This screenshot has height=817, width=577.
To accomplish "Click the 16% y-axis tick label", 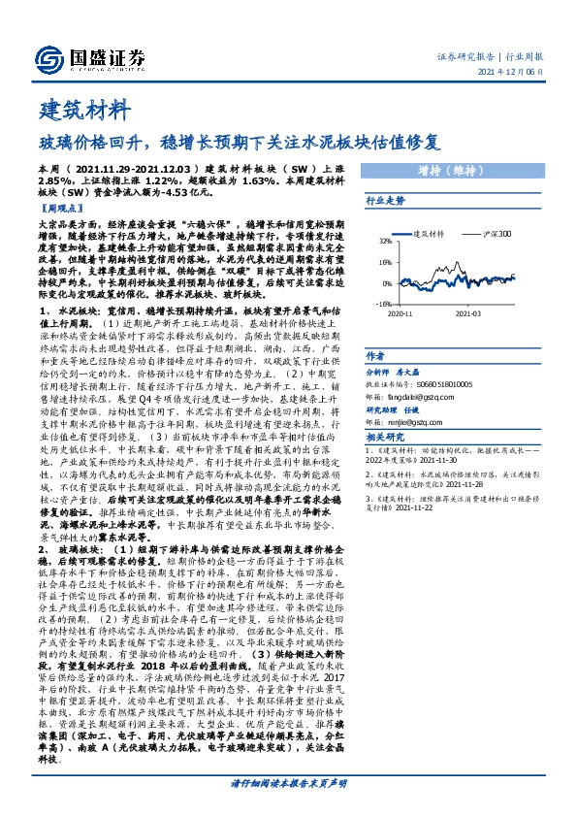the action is tap(385, 262).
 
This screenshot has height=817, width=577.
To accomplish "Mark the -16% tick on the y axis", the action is tap(384, 303).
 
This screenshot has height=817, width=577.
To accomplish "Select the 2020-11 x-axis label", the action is tap(401, 313).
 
